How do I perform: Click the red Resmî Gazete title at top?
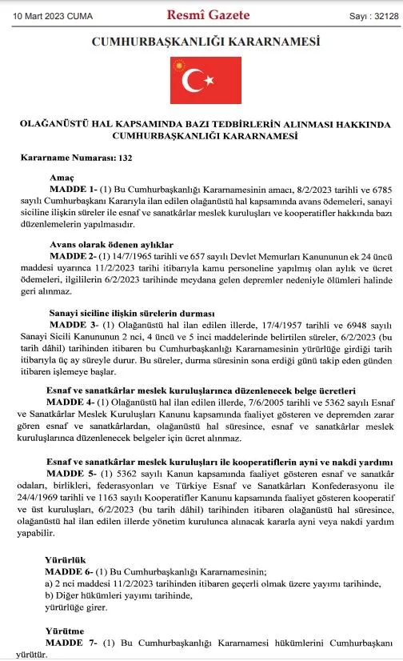[x=207, y=14]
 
